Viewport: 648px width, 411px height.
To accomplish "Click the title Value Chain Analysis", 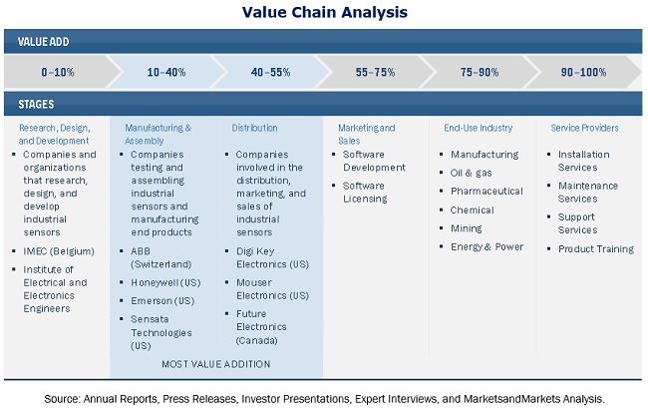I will [324, 12].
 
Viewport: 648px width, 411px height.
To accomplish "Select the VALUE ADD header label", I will [44, 42].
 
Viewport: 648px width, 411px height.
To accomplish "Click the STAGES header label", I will [36, 104].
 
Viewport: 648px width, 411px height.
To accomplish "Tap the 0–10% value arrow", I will [58, 73].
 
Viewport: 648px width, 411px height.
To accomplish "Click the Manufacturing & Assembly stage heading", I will [158, 135].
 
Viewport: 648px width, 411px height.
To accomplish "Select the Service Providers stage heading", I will [584, 128].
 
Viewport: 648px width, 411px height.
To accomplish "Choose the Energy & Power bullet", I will [486, 246].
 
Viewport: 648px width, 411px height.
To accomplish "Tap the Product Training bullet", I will [595, 247].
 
